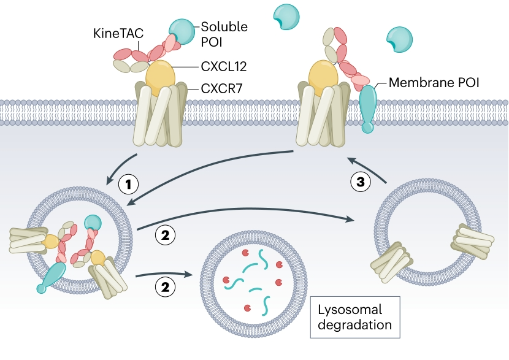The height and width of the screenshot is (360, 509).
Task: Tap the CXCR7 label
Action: tap(222, 88)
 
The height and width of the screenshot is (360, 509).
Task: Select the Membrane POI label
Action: tap(433, 81)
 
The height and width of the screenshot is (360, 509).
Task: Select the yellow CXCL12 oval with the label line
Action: tap(160, 76)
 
